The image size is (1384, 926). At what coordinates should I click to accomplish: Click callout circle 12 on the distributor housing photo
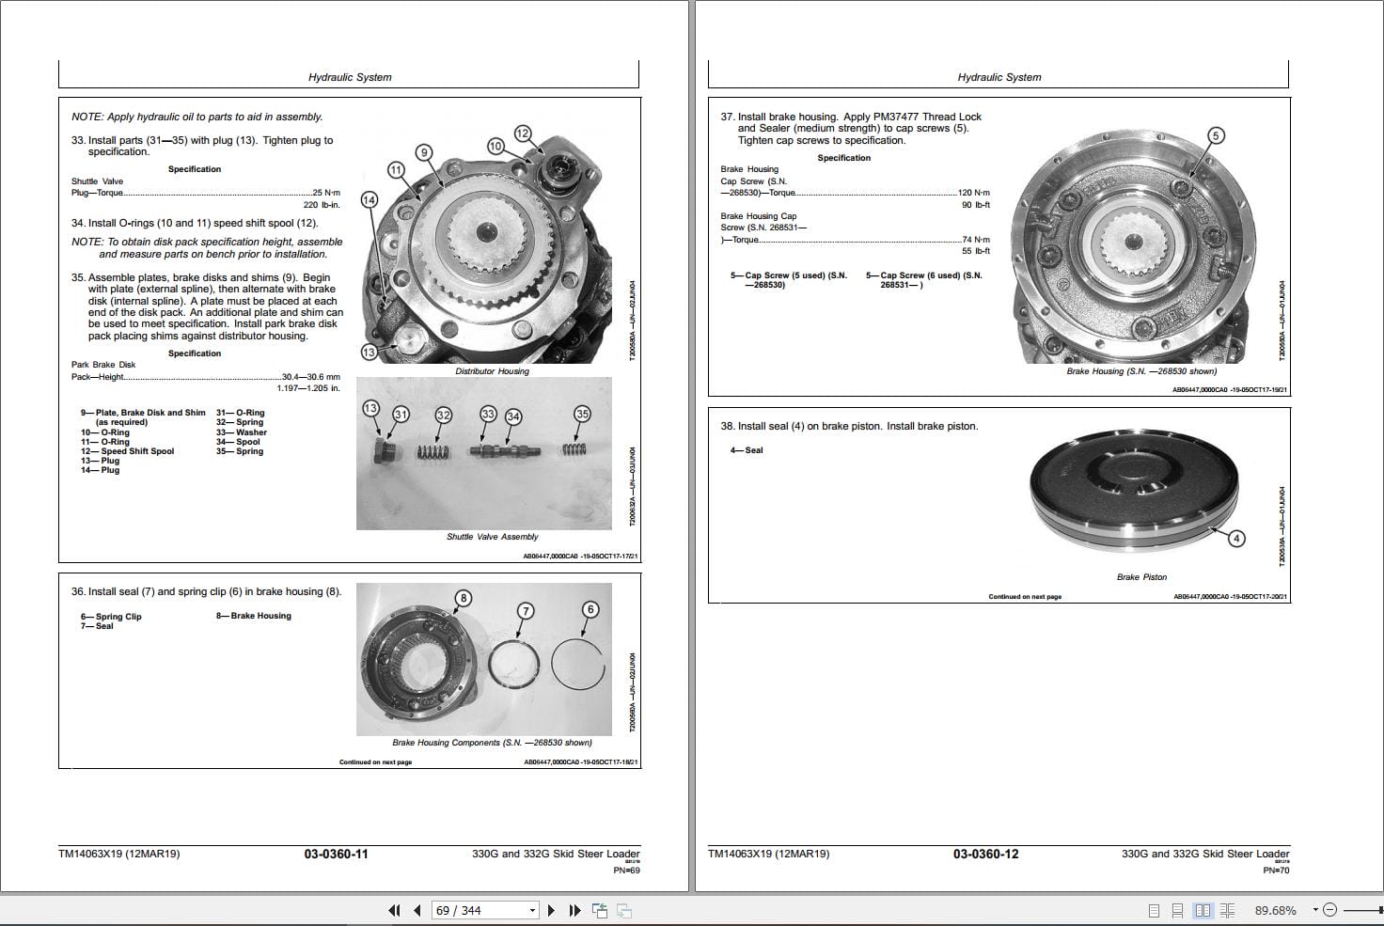[x=523, y=133]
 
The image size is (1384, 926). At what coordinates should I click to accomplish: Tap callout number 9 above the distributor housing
[x=424, y=152]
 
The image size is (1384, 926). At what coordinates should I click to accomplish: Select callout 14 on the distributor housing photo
[x=369, y=200]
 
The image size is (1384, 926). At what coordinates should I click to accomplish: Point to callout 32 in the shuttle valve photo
[x=443, y=416]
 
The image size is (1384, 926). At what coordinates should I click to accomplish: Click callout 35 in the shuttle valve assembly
[x=582, y=414]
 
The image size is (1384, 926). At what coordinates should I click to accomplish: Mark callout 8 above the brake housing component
[x=463, y=598]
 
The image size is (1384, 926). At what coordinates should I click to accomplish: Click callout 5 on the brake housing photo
[x=1215, y=135]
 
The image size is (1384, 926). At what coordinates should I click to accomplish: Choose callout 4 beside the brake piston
[x=1236, y=539]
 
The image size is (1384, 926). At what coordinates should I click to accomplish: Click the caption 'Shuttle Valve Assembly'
[x=492, y=537]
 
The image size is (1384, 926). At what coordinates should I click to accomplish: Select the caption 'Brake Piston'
[x=1141, y=577]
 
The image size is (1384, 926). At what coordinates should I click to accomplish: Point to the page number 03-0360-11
[x=336, y=855]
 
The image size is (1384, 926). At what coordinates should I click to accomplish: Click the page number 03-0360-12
[x=985, y=855]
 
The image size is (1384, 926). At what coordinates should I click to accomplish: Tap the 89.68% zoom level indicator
[x=1275, y=910]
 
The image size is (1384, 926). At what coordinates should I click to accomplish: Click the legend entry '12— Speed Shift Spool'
[x=128, y=451]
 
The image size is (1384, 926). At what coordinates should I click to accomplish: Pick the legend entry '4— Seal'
[x=747, y=450]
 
